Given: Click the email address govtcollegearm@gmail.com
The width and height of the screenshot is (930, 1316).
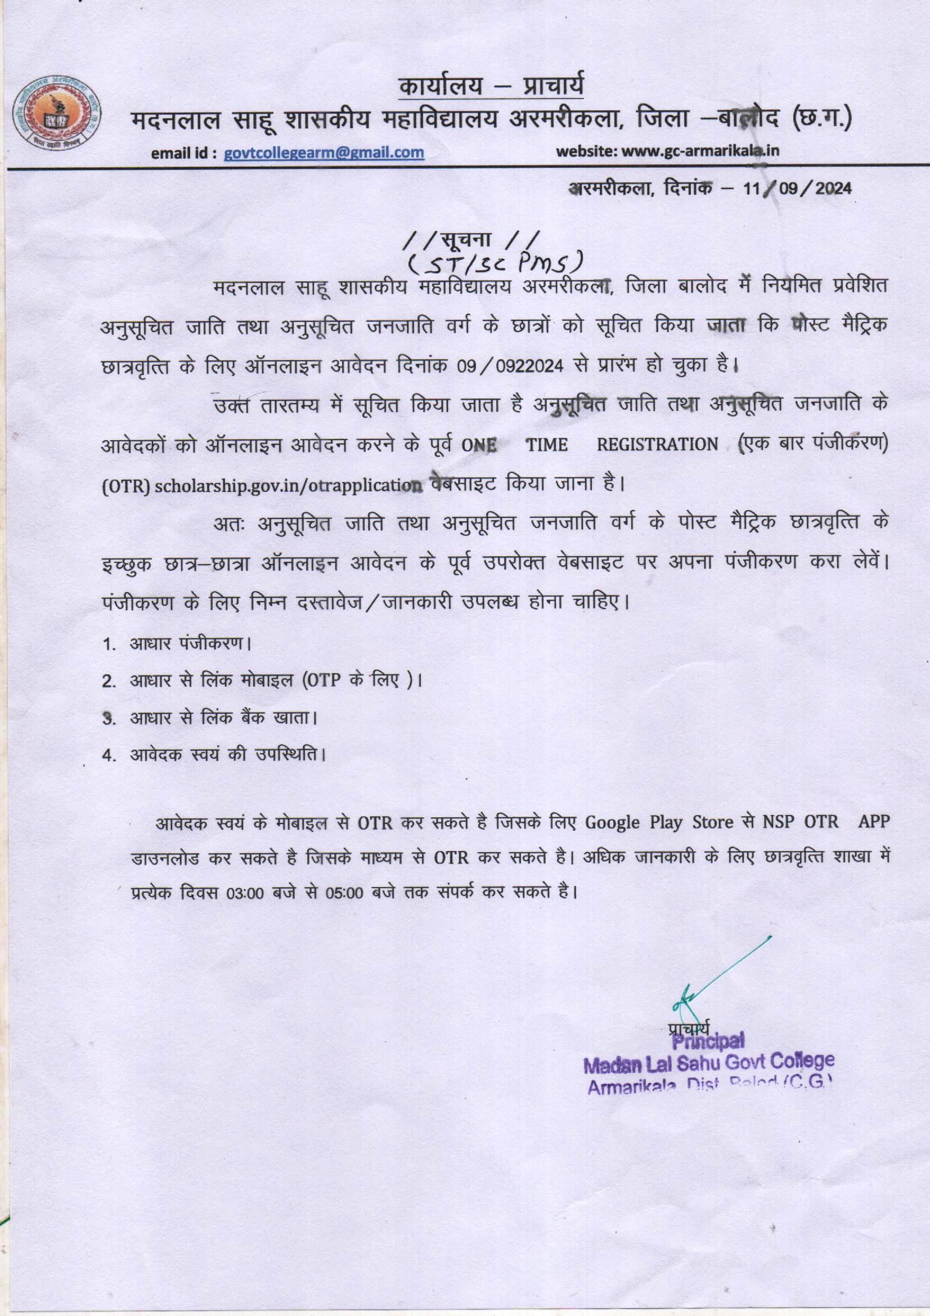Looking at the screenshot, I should [x=324, y=153].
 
